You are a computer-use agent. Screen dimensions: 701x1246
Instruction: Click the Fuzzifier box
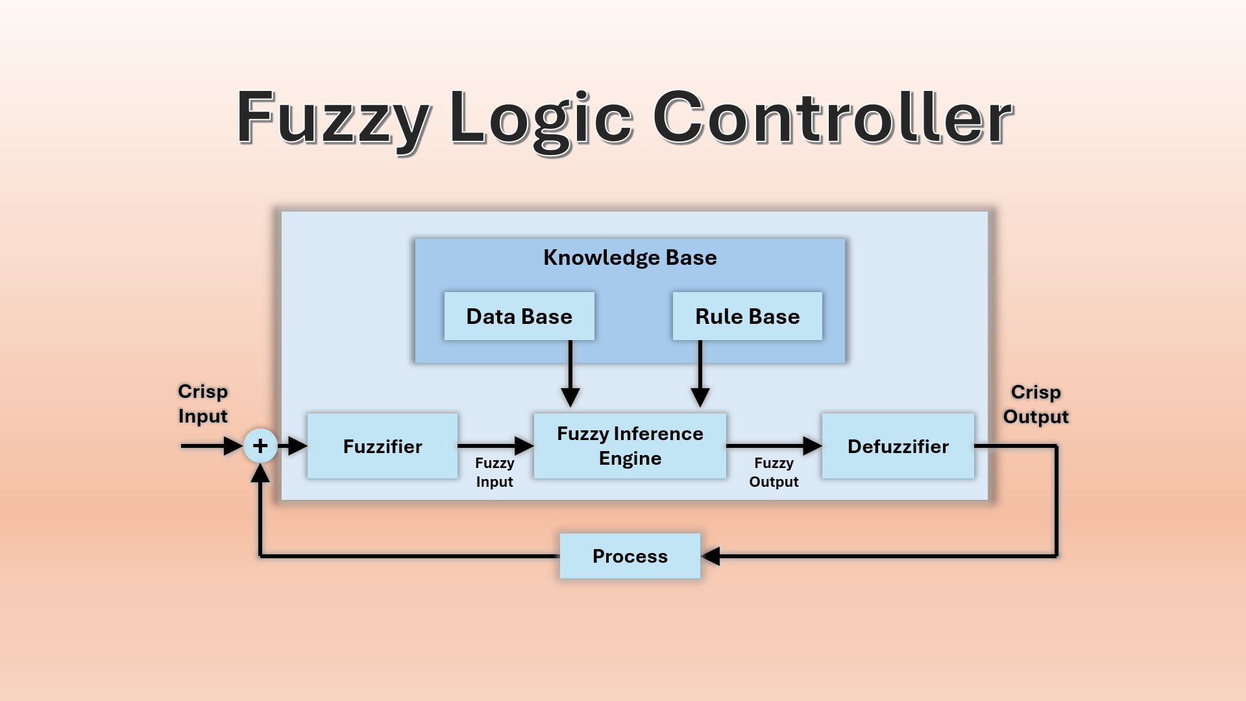pos(382,446)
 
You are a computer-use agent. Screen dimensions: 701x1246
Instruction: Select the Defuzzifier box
pos(898,446)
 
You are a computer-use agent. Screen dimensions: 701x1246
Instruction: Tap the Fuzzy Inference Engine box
pos(629,446)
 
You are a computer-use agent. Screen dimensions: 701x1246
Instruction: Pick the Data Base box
pos(519,316)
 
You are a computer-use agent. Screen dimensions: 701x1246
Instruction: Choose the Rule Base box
pos(747,316)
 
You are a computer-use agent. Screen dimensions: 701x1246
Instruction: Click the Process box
pos(629,556)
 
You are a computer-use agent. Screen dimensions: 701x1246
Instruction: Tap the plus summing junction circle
pos(260,446)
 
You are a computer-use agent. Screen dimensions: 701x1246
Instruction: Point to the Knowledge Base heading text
pos(629,258)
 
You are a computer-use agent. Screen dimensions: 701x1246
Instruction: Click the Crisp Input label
pos(203,404)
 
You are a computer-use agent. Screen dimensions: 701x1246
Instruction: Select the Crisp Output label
pos(1036,404)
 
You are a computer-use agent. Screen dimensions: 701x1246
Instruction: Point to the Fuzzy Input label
pos(495,472)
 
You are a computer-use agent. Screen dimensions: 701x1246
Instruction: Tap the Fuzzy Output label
pos(774,472)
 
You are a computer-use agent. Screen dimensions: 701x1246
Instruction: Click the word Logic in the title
pos(541,119)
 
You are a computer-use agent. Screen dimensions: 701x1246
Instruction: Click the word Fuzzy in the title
pos(333,119)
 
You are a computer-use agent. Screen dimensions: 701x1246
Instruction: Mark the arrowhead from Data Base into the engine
pos(570,397)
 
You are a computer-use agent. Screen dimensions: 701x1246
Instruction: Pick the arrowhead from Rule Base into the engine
pos(700,397)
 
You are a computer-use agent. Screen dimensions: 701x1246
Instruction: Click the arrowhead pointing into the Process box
pos(711,556)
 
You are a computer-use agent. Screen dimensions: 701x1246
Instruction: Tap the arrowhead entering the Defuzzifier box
pos(812,446)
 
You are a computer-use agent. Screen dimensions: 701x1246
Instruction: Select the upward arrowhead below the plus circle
pos(260,474)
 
